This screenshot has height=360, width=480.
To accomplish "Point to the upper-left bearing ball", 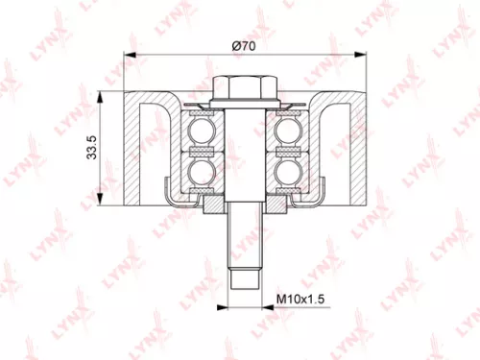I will [203, 129].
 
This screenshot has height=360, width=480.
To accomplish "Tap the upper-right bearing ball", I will [286, 129].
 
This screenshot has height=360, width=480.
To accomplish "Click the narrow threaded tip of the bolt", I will [244, 279].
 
